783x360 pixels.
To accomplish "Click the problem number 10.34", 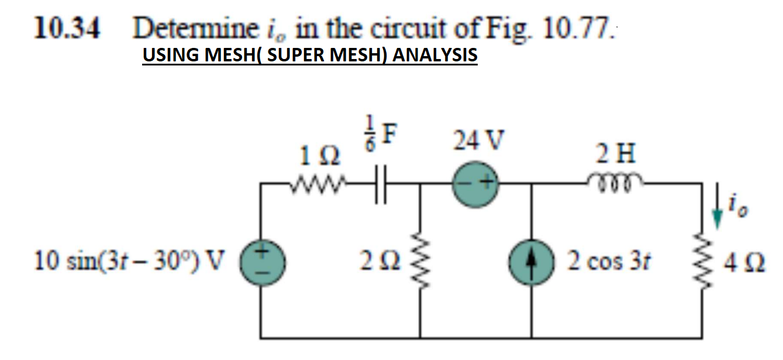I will click(x=65, y=27).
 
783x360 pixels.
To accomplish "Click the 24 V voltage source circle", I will click(x=477, y=183).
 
